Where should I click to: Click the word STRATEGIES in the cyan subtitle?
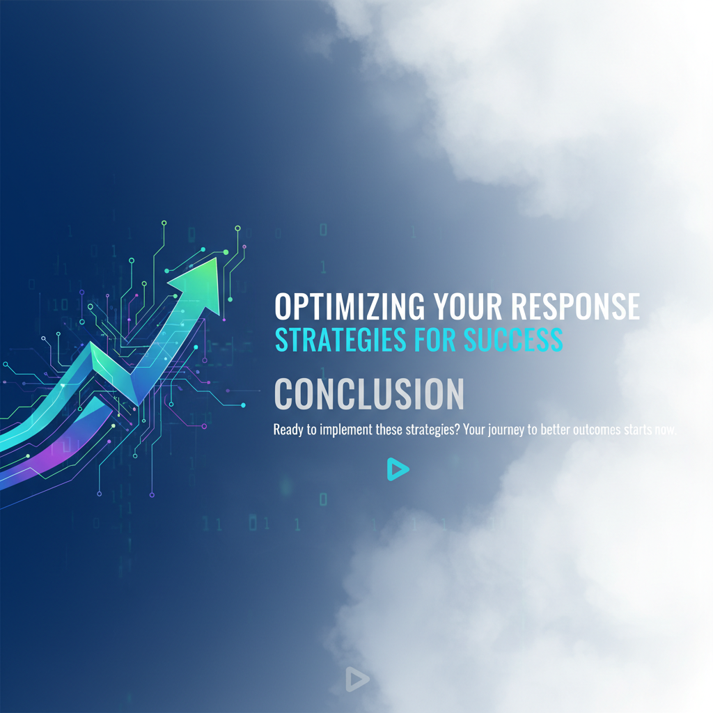340,340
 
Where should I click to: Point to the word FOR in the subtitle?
436,340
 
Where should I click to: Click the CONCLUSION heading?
369,394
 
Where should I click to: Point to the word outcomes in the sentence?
590,430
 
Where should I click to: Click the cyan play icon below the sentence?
397,469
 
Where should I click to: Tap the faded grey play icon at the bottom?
356,679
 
